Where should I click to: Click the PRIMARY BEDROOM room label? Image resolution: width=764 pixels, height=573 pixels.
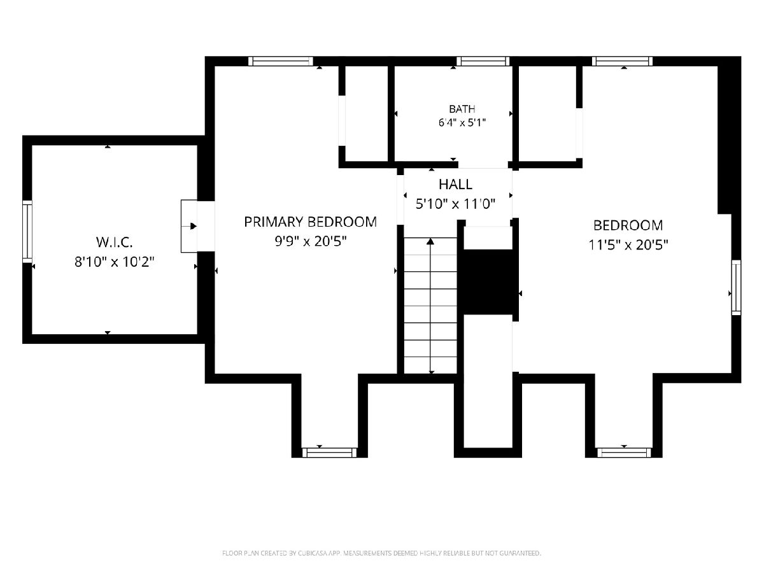tap(310, 222)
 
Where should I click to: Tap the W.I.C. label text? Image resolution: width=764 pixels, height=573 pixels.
tap(114, 242)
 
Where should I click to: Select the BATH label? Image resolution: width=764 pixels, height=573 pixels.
tap(462, 110)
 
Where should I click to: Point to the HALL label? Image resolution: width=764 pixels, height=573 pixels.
tap(455, 185)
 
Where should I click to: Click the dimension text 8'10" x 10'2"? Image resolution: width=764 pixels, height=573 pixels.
tap(114, 262)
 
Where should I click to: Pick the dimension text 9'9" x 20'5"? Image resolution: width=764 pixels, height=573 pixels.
tap(311, 241)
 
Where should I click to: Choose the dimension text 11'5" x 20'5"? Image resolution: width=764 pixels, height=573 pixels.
tap(628, 245)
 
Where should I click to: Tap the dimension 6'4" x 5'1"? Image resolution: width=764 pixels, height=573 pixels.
tap(462, 123)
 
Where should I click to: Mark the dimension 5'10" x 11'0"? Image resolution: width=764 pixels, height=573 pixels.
tap(455, 204)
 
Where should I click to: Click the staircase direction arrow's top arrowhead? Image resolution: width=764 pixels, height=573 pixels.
tap(430, 241)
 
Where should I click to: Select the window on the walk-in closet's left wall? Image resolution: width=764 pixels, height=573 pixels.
tap(27, 232)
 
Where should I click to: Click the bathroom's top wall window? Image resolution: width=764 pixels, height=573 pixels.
tap(483, 61)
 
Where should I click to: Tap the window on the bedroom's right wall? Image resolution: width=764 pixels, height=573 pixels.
tap(736, 287)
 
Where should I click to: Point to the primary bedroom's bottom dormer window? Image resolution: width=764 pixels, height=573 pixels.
tap(329, 453)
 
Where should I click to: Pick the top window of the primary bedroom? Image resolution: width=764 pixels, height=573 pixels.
tap(281, 61)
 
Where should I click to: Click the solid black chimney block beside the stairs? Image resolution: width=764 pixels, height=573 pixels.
tap(488, 282)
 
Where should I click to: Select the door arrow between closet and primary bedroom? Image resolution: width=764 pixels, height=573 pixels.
tap(193, 227)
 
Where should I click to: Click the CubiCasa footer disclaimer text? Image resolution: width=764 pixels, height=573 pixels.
tap(381, 553)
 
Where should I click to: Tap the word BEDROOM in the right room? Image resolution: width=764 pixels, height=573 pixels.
tap(628, 225)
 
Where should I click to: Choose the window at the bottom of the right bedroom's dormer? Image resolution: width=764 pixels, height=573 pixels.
tap(624, 453)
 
